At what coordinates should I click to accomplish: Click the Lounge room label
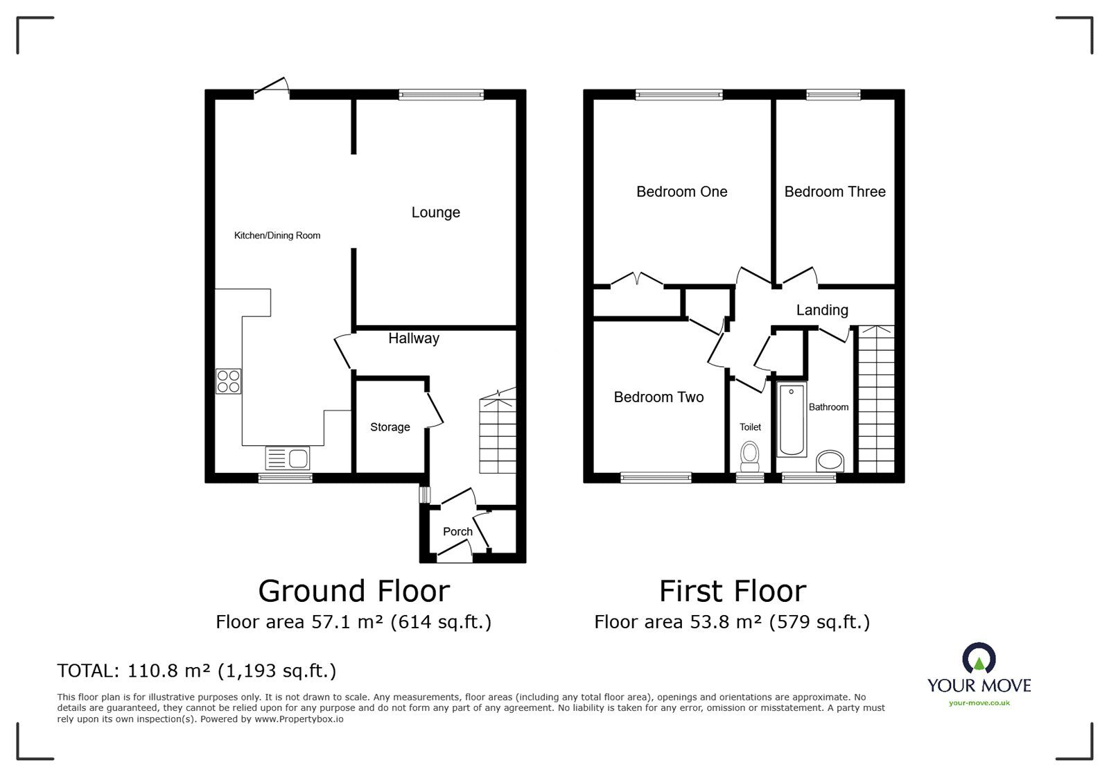[435, 212]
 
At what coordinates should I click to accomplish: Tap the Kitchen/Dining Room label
[277, 235]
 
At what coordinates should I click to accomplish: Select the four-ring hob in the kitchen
[229, 381]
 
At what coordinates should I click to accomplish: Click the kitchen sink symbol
[288, 458]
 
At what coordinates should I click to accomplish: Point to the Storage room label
[390, 427]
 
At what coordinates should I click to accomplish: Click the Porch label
[457, 531]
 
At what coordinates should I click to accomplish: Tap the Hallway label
[413, 338]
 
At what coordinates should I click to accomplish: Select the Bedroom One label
[681, 191]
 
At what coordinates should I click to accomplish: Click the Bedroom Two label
[658, 397]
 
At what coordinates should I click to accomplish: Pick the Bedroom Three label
[835, 191]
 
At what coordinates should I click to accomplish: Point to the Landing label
[822, 310]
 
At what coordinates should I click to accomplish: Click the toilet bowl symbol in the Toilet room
[749, 454]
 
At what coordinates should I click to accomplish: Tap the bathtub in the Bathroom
[792, 420]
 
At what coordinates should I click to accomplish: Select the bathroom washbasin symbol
[830, 460]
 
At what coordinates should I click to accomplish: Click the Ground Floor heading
[353, 591]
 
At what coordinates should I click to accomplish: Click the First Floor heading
[733, 591]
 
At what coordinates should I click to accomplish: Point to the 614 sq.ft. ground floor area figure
[441, 621]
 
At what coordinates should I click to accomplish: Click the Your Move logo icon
[979, 659]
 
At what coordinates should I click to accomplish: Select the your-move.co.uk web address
[979, 703]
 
